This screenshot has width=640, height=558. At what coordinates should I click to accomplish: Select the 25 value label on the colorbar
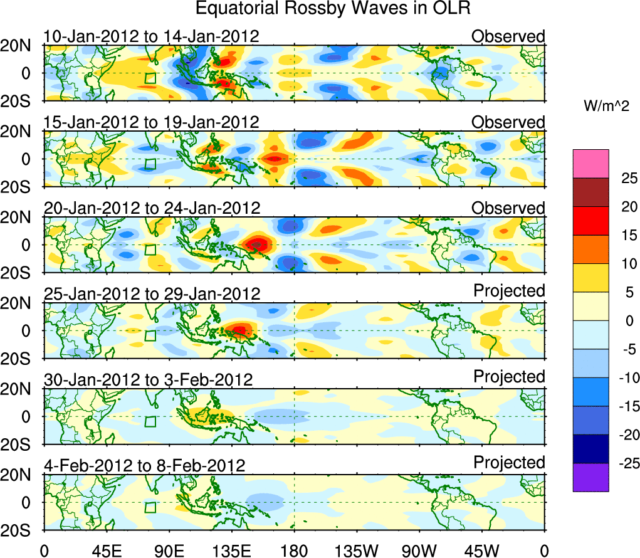pyautogui.click(x=621, y=178)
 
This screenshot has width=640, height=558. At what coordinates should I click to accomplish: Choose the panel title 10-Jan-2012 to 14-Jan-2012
pyautogui.click(x=151, y=36)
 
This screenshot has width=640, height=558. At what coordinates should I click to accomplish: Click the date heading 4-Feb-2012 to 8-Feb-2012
pyautogui.click(x=144, y=465)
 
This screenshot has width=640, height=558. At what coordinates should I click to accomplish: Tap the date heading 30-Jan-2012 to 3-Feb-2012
pyautogui.click(x=148, y=379)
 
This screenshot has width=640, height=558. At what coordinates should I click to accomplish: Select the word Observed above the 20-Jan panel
pyautogui.click(x=508, y=208)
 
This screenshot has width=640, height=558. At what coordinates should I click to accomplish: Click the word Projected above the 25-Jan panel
pyautogui.click(x=509, y=291)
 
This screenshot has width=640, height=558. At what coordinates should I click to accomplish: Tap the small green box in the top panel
pyautogui.click(x=150, y=78)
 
